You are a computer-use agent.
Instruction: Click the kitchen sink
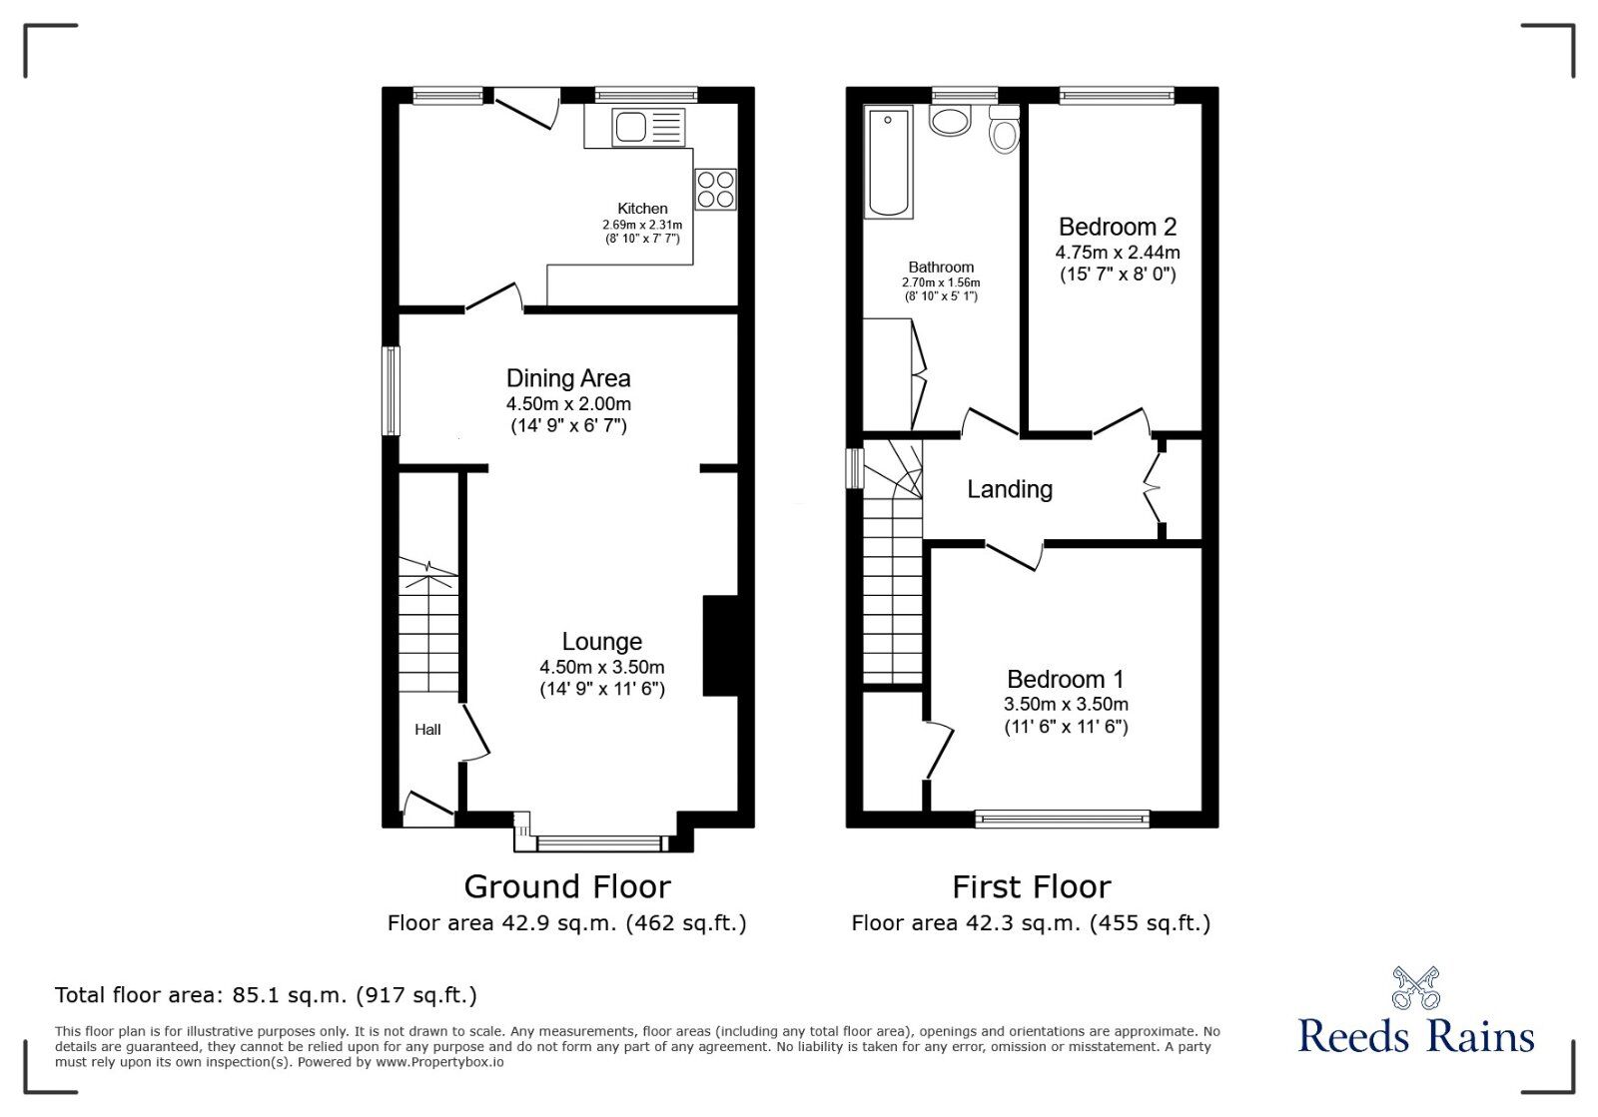[x=648, y=128]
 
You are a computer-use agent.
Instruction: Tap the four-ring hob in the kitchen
[x=715, y=189]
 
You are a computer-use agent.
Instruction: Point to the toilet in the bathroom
[x=1005, y=129]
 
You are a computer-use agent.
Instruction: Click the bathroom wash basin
[x=950, y=120]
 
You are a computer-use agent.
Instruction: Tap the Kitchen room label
[x=642, y=209]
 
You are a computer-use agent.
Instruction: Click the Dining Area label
[x=568, y=377]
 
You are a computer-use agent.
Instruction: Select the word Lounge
[x=601, y=642]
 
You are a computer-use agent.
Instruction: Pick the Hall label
[x=427, y=730]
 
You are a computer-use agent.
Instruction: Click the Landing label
[x=1010, y=489]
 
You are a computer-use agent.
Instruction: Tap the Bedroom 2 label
[x=1118, y=227]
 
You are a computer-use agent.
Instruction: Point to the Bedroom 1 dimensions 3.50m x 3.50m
[x=1066, y=705]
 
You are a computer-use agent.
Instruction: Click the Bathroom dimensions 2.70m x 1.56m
[x=940, y=282]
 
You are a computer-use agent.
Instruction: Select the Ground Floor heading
[x=567, y=886]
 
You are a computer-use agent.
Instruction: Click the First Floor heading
[x=1032, y=886]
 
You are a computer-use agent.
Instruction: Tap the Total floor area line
[x=266, y=994]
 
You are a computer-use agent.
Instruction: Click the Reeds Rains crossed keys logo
[x=1416, y=987]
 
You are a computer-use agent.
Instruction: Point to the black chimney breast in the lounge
[x=720, y=645]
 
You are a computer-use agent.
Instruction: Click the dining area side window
[x=391, y=390]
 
